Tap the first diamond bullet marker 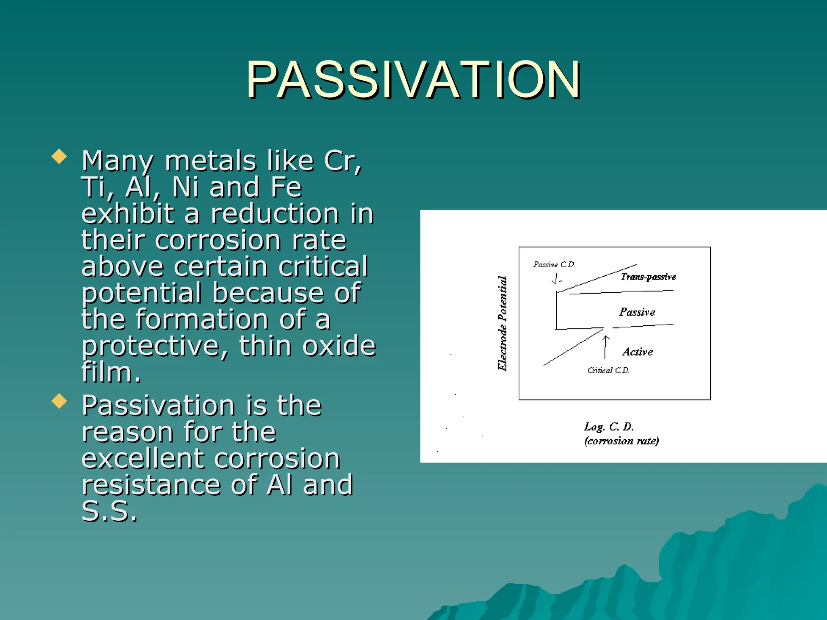(59, 157)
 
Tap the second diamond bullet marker (59, 401)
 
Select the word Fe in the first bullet (286, 187)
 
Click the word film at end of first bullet (111, 372)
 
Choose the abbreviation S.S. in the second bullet (109, 511)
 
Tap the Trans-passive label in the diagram (648, 277)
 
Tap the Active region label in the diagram (638, 352)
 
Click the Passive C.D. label (554, 264)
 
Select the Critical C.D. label (608, 370)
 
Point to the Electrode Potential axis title (502, 323)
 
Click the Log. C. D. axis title (609, 427)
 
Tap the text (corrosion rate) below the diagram (621, 441)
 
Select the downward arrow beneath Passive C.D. (555, 279)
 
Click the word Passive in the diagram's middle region (637, 312)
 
